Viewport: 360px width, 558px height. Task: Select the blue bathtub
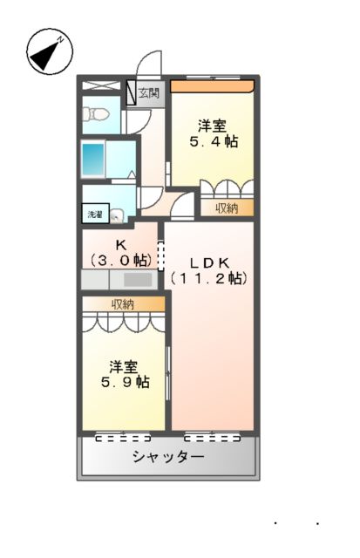pos(94,160)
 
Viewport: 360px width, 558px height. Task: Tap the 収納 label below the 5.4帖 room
pos(228,208)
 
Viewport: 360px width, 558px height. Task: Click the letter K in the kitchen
pos(121,245)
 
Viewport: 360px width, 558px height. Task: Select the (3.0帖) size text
pos(121,260)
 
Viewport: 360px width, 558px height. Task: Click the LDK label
pos(209,262)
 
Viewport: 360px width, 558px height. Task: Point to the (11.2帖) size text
pos(209,278)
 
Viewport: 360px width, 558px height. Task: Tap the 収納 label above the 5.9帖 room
pos(122,303)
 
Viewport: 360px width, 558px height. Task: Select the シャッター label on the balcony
pos(168,457)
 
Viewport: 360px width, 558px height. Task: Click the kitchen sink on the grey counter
pos(138,281)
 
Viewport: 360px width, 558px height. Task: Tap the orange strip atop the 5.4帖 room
pos(212,85)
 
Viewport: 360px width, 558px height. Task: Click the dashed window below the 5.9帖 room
pos(123,436)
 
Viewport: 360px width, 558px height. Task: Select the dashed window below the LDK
pos(212,436)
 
